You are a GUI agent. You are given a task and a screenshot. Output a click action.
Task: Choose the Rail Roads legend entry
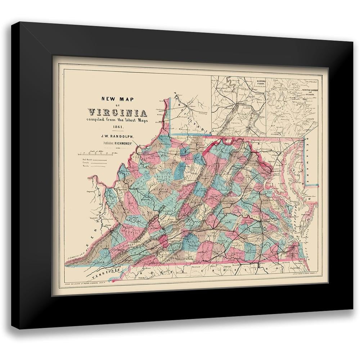(94, 159)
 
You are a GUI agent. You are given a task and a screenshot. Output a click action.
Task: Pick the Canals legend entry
(94, 163)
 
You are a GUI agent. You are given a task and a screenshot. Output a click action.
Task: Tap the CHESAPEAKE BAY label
(298, 212)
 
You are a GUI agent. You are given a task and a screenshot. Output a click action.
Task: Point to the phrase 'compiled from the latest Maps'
(115, 120)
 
